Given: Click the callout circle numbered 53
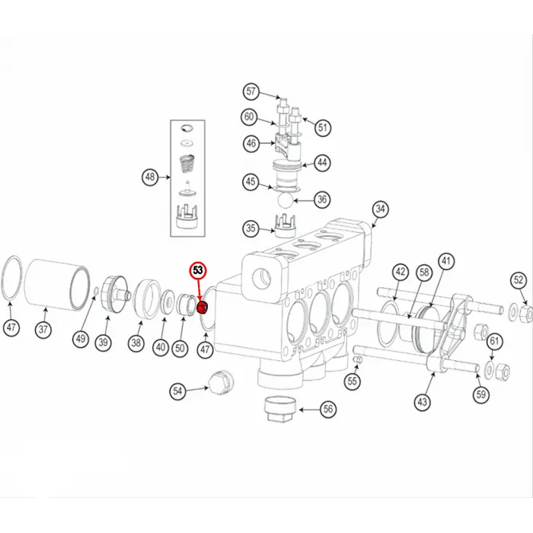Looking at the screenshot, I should click(198, 270).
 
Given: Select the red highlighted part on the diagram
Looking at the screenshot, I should click(203, 308).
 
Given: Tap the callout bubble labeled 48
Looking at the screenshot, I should click(151, 178).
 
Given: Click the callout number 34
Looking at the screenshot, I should click(380, 209).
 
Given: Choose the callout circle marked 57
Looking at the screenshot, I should click(251, 92).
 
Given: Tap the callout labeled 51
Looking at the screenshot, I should click(324, 127).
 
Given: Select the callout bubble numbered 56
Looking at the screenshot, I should click(328, 409).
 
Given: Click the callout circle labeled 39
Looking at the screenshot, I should click(103, 343).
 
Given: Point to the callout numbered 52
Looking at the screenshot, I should click(518, 280).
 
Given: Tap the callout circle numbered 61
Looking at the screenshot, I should click(495, 340).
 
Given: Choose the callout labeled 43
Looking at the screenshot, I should click(423, 402).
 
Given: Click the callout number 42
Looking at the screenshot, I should click(401, 273).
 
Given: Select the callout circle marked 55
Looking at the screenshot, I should click(352, 381).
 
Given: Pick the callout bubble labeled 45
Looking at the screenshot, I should click(251, 181).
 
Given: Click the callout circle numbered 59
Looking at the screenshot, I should click(480, 394).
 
